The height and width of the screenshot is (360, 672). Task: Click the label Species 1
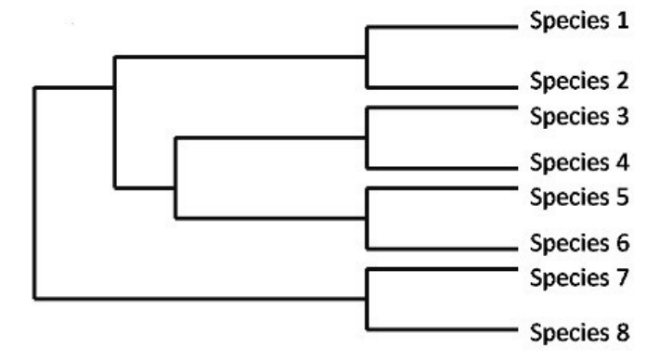(579, 21)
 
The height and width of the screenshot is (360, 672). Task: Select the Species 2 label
(579, 82)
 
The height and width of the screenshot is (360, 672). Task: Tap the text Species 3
(579, 117)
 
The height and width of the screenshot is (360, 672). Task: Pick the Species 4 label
(579, 163)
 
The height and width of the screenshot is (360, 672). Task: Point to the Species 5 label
(579, 198)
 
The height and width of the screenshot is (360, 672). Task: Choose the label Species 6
(579, 244)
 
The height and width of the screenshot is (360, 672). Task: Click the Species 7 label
(579, 278)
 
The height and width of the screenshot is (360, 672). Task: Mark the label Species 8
(579, 333)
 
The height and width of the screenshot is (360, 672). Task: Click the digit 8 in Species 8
(623, 332)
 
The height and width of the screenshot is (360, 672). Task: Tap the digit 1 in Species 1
(623, 20)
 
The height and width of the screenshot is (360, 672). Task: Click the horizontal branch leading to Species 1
(443, 27)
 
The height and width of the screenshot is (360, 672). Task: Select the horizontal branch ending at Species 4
(443, 168)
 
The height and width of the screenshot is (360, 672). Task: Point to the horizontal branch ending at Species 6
(443, 248)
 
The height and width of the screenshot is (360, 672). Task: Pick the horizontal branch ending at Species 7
(443, 269)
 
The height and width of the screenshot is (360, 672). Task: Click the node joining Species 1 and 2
(367, 57)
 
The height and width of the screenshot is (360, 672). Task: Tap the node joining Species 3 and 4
(367, 138)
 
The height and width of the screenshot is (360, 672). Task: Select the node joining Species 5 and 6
(367, 218)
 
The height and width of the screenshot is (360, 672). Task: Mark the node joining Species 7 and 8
(367, 298)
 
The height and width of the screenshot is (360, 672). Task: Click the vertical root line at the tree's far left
(34, 193)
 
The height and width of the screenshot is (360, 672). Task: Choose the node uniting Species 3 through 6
(175, 187)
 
